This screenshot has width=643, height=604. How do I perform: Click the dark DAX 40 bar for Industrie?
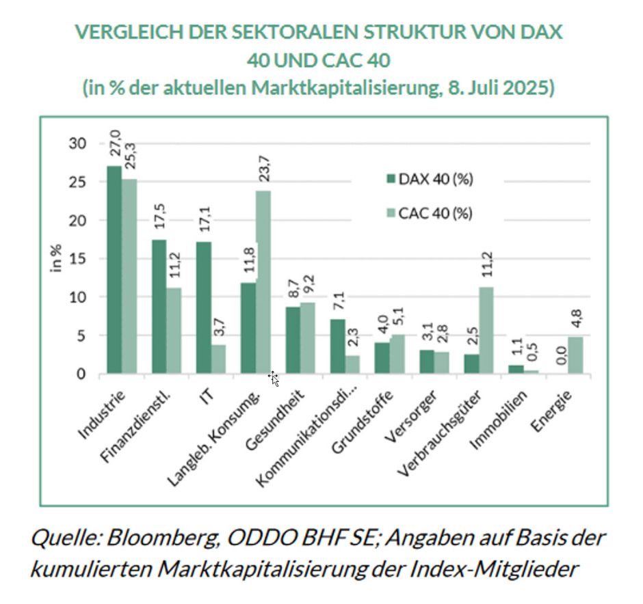[114, 270]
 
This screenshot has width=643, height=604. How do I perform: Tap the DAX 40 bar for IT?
[203, 307]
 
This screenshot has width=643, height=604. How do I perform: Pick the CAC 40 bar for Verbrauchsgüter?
[486, 330]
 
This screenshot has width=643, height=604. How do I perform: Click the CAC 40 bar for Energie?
[575, 355]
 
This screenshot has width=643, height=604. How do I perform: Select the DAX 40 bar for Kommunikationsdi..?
[337, 346]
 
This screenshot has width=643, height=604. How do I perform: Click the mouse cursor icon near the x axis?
[273, 379]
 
